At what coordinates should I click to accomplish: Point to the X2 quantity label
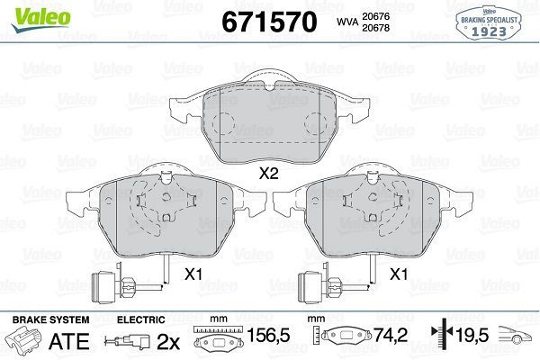click(268, 175)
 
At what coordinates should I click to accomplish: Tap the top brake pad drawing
click(268, 122)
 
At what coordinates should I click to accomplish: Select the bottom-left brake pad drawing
click(166, 214)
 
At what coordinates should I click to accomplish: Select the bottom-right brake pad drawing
click(373, 214)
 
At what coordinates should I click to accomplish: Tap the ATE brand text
click(75, 341)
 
